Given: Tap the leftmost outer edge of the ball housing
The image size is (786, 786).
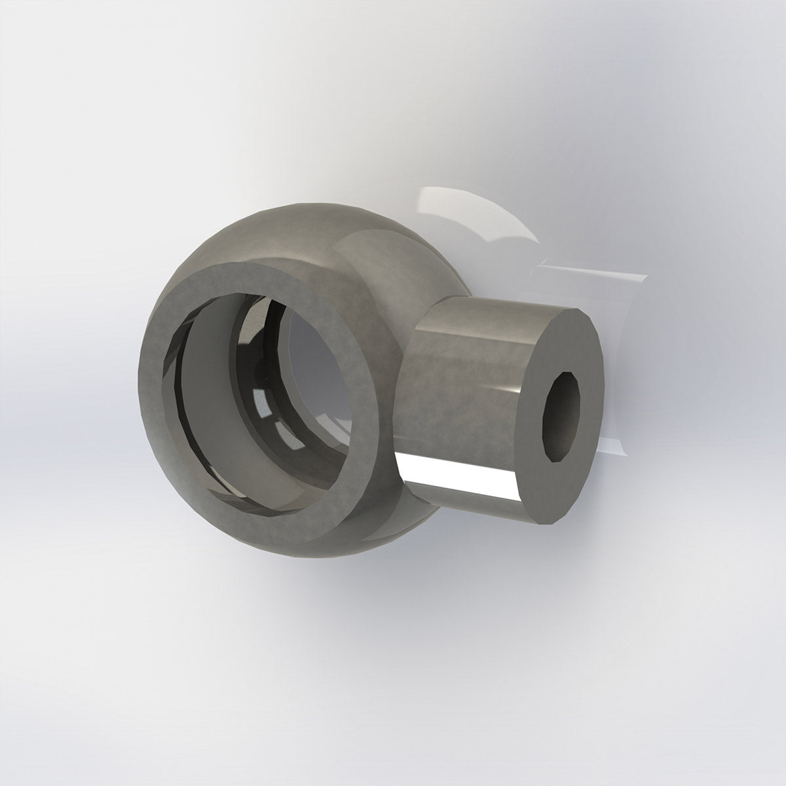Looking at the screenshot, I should pyautogui.click(x=143, y=386).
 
